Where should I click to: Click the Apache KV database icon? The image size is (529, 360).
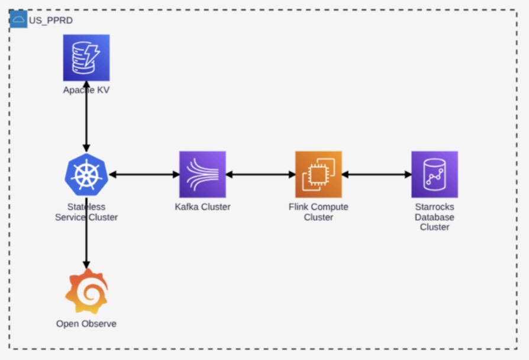(x=86, y=58)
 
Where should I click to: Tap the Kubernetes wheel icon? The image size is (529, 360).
(x=86, y=175)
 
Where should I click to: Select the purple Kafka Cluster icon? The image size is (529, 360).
(x=202, y=174)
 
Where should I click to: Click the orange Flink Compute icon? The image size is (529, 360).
(x=318, y=174)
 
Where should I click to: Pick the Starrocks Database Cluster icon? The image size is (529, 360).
(x=434, y=174)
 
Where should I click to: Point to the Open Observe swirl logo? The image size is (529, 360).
(x=87, y=291)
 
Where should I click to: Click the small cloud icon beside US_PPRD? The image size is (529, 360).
(x=18, y=20)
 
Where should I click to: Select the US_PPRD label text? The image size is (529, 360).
(x=51, y=21)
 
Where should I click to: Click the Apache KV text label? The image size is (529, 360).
(x=86, y=90)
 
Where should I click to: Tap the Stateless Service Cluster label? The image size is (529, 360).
(x=86, y=212)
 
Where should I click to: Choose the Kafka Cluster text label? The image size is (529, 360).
(x=202, y=207)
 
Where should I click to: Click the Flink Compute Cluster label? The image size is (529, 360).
(x=318, y=212)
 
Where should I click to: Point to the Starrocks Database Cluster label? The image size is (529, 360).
(x=434, y=217)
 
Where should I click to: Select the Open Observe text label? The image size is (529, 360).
(x=86, y=323)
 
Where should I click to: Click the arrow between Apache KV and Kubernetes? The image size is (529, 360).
(x=86, y=117)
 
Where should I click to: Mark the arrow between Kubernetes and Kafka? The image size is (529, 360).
(x=144, y=175)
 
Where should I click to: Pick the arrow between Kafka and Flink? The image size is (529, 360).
(x=260, y=175)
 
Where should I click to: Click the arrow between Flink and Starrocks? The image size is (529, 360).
(x=376, y=175)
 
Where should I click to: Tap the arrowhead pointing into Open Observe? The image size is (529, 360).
(x=86, y=265)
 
